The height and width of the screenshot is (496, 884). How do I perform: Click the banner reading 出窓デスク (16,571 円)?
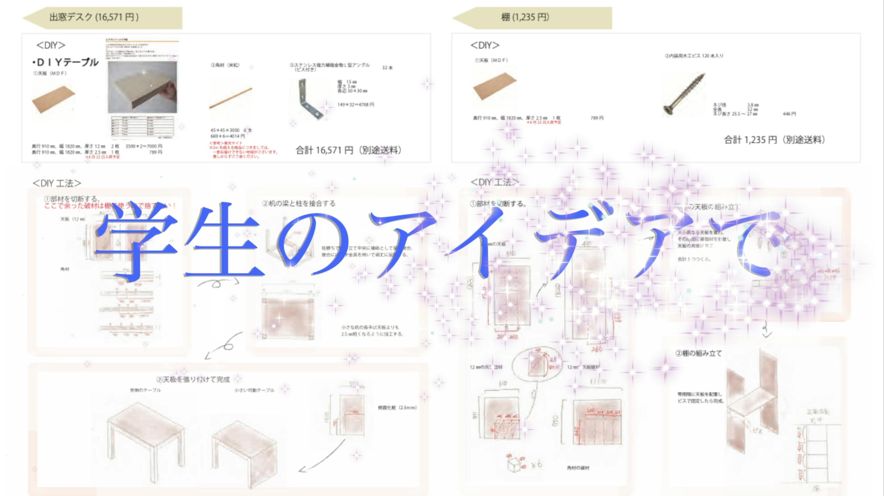102,17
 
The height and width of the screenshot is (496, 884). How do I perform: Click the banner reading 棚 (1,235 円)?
532,17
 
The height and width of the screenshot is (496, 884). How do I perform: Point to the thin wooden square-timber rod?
231,98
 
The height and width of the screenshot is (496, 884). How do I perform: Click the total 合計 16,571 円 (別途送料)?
348,150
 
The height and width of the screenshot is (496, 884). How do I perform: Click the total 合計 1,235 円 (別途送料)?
774,140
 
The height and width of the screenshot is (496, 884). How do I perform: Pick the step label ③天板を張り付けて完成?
193,380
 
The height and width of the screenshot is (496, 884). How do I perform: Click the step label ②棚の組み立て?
698,353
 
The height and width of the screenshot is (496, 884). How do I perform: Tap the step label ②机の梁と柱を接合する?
299,203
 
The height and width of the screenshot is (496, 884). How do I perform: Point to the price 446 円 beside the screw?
789,114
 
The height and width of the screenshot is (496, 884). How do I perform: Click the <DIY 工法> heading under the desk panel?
57,183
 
